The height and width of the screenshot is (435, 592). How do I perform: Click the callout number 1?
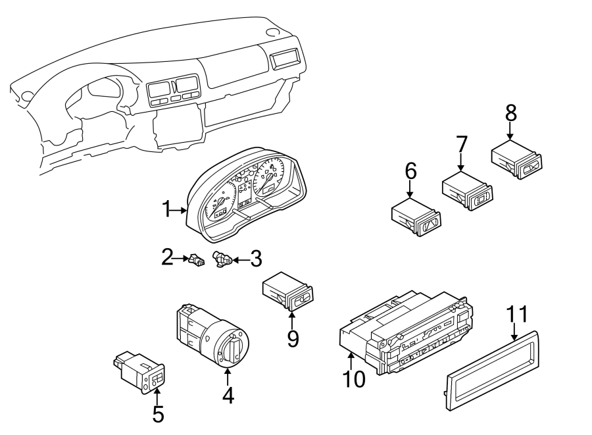tap(168, 211)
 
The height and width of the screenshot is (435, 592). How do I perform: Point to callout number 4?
tap(228, 395)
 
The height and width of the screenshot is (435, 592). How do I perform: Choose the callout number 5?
tap(158, 414)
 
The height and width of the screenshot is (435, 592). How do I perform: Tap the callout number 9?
tap(293, 338)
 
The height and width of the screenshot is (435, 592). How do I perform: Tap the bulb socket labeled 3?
tap(222, 261)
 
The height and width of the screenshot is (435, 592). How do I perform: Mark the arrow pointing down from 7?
tap(461, 162)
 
